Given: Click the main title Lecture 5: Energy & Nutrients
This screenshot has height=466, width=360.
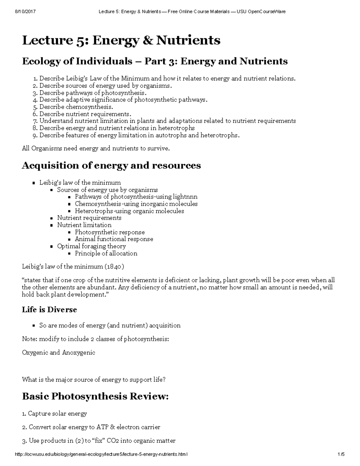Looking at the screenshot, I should point(121,40).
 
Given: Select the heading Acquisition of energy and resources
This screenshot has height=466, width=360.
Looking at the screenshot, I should point(111,165).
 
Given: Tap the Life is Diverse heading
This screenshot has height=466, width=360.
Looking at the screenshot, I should point(49,310).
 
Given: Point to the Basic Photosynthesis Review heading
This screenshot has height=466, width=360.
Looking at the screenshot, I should point(95,396).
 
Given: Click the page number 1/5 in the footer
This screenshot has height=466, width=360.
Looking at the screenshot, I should point(341,455).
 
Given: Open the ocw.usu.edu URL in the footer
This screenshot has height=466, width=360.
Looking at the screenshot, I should point(101,455).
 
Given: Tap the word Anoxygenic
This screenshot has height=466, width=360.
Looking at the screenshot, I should point(79,353).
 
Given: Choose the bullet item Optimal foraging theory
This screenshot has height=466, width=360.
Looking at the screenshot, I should point(91,246).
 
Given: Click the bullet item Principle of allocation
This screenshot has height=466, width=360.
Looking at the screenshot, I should point(106,253).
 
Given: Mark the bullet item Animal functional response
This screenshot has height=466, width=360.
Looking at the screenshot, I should point(114,239).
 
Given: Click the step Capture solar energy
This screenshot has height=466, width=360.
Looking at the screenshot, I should point(57,413).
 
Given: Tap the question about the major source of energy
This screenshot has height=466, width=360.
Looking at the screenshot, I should point(94,380).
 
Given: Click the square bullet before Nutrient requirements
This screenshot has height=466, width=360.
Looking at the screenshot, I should point(51,218).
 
